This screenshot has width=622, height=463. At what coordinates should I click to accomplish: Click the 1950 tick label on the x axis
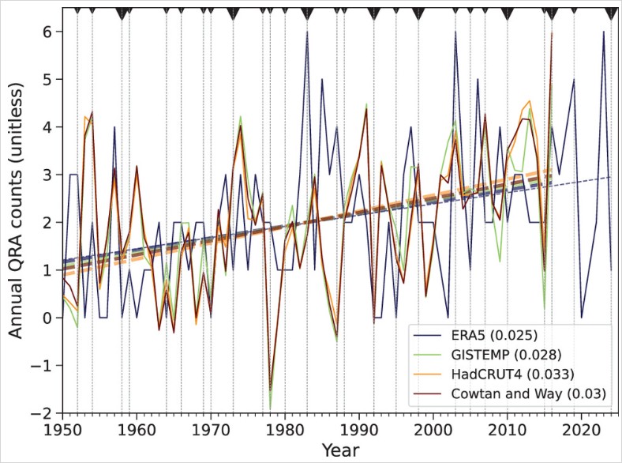tap(62, 428)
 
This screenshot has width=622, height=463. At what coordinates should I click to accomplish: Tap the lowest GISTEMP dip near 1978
tap(270, 408)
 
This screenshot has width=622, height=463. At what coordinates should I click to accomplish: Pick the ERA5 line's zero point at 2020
tap(582, 318)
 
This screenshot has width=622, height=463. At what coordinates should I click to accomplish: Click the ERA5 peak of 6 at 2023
tap(604, 32)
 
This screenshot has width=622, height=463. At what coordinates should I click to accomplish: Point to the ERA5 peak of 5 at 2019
tap(574, 80)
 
